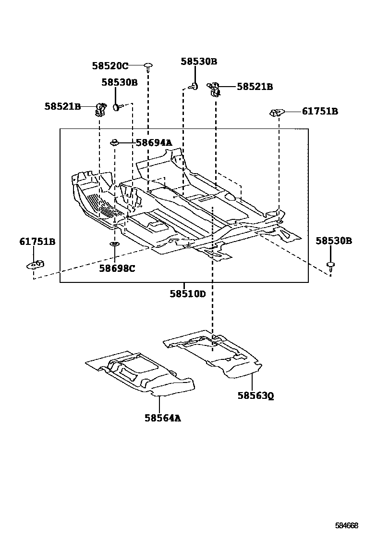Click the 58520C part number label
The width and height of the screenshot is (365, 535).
tap(110, 66)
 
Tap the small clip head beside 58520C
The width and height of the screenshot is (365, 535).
tap(148, 65)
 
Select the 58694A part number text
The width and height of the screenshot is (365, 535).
tap(153, 142)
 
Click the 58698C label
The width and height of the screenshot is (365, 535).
tap(117, 268)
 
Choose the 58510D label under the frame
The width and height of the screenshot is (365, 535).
tap(187, 293)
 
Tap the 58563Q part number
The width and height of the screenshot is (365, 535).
tap(255, 396)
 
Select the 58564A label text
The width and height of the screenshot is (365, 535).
tap(163, 418)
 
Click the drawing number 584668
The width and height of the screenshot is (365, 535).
tap(346, 525)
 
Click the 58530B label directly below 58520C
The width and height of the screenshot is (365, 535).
tap(119, 82)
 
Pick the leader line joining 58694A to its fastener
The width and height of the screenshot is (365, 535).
tap(127, 142)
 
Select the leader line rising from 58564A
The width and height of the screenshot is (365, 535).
tap(159, 404)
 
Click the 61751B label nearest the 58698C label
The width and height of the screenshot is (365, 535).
tap(37, 242)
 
